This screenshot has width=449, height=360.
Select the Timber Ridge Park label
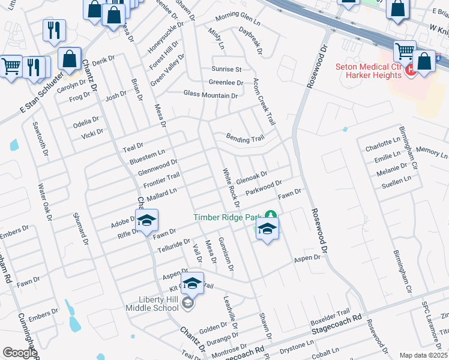pyautogui.click(x=228, y=217)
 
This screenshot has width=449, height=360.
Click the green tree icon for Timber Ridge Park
pyautogui.click(x=271, y=214)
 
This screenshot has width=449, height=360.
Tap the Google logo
pyautogui.click(x=20, y=353)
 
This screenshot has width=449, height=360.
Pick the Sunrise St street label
pyautogui.click(x=226, y=70)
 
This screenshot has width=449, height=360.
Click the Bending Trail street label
pyautogui.click(x=245, y=139)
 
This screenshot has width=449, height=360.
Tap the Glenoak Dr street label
pyautogui.click(x=252, y=178)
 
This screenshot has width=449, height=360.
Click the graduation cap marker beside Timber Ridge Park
pyautogui.click(x=267, y=228)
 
